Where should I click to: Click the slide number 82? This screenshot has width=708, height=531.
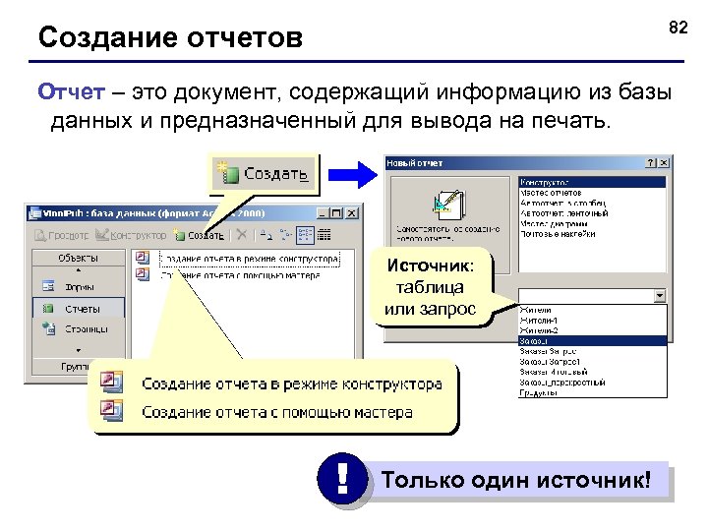click(x=678, y=27)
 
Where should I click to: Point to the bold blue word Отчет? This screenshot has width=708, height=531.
click(x=66, y=92)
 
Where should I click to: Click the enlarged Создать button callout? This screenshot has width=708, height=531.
click(x=264, y=174)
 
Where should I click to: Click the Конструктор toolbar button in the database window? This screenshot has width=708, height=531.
click(x=132, y=235)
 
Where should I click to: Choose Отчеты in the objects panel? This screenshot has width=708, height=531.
click(x=82, y=308)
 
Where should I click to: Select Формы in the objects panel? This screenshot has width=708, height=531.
click(x=80, y=287)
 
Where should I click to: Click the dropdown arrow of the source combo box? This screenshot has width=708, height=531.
click(x=659, y=295)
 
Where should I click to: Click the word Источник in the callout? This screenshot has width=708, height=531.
click(x=430, y=265)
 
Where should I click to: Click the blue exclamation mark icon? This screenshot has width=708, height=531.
click(x=341, y=480)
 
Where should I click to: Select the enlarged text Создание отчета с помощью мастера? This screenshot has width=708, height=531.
click(x=277, y=412)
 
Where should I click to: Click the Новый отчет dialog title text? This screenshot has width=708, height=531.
click(x=414, y=162)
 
